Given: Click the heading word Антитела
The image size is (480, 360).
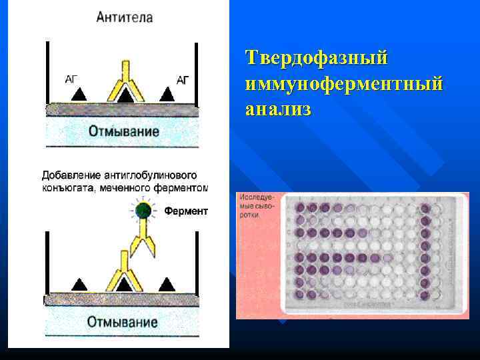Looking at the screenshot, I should click(x=124, y=17).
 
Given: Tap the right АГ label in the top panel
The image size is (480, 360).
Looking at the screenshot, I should click(x=183, y=79).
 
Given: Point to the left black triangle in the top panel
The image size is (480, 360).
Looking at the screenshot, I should click(x=79, y=95).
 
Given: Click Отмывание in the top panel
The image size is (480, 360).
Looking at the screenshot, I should click(x=124, y=131).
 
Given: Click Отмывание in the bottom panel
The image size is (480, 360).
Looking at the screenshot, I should click(x=123, y=322).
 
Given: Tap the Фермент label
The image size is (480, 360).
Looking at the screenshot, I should click(x=186, y=212).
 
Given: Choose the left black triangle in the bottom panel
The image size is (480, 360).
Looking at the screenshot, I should click(x=79, y=285).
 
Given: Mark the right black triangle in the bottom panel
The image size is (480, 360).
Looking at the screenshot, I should click(x=166, y=285).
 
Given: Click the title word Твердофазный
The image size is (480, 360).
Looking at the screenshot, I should click(x=316, y=57).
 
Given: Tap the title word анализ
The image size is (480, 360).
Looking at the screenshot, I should click(x=278, y=109).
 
